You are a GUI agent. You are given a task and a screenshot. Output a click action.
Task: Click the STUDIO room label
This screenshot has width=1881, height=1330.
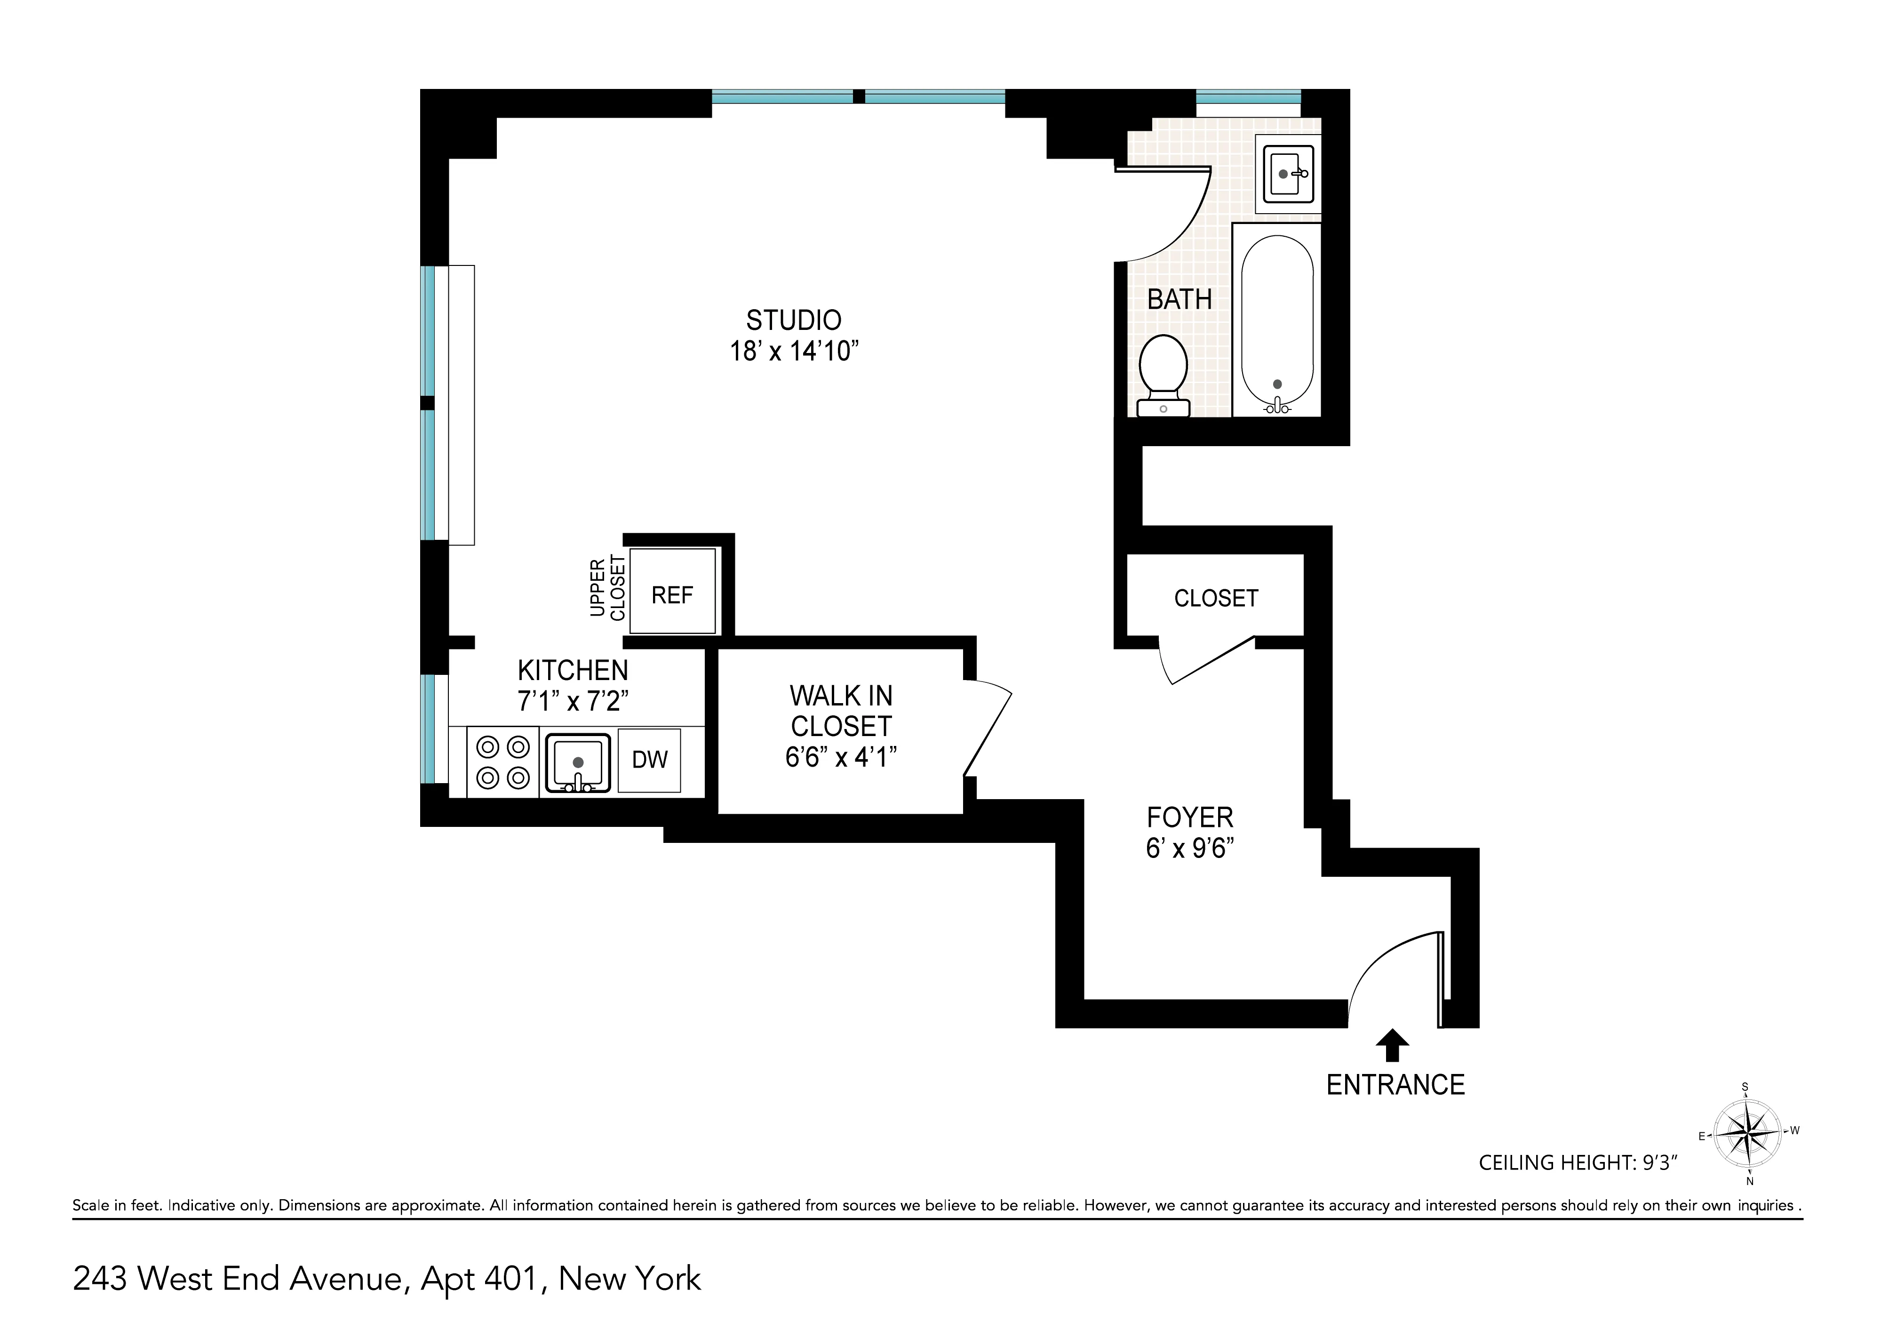[x=793, y=320]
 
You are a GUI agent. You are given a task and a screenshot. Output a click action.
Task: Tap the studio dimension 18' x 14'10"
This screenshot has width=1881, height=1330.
[x=793, y=352]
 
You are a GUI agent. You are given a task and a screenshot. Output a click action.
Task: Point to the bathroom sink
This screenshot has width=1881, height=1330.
[x=1289, y=174]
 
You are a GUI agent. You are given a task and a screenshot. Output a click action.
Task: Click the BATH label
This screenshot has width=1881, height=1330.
[x=1179, y=300]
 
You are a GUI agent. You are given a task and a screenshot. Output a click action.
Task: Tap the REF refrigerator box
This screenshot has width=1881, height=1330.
[x=672, y=595]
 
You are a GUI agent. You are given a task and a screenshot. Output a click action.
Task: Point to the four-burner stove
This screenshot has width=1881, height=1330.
[x=503, y=762]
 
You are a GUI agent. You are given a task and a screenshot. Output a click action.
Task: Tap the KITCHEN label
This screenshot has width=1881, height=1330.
[x=573, y=670]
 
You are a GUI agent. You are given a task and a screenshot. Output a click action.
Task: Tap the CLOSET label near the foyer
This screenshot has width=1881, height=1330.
[x=1216, y=598]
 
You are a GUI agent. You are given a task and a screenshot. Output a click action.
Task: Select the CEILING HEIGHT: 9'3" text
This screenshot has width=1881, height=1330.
[x=1578, y=1163]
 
